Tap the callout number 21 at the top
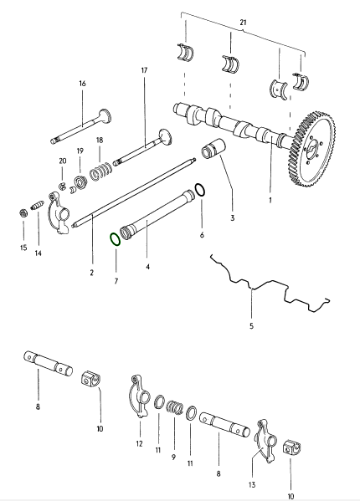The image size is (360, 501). pos(244,23)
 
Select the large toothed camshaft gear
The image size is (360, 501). pos(312,149)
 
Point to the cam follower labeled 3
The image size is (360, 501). pos(213,148)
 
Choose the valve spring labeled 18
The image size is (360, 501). pos(100,172)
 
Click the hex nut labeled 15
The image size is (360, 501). pos(23,212)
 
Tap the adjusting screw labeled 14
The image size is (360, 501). pos(37,205)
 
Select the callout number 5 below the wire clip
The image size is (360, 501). pos(251,326)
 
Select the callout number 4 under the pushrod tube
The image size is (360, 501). pos(147,267)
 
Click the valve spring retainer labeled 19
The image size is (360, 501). pos(80,182)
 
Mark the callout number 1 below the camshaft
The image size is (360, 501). pos(270,201)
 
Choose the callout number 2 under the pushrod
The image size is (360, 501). pos(92,273)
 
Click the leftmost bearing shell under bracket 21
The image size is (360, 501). pos(186,52)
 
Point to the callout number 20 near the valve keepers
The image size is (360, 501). pos(63,161)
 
